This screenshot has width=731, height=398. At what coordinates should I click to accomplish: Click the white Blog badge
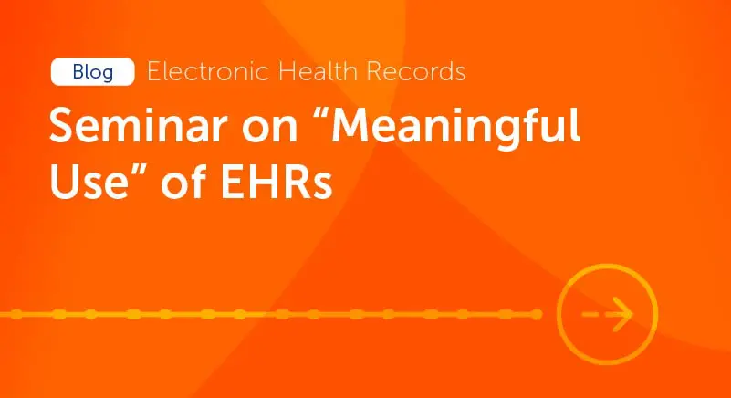[x=93, y=72]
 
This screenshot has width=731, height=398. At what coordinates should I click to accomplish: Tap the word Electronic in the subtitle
[x=208, y=71]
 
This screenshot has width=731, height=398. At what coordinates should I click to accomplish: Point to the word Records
[x=416, y=71]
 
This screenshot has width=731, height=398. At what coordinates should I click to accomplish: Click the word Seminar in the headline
[x=138, y=125]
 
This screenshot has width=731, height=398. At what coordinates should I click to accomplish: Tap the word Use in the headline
[x=89, y=182]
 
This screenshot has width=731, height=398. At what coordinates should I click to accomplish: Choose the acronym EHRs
[x=277, y=182]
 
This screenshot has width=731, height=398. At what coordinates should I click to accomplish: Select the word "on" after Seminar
[x=269, y=131]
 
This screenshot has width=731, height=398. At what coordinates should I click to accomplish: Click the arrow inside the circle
[x=608, y=314]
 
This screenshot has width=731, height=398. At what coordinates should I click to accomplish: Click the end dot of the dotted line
[x=537, y=315]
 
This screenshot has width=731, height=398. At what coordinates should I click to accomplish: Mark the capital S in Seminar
[x=63, y=125]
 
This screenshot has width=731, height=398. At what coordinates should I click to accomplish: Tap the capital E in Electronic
[x=154, y=71]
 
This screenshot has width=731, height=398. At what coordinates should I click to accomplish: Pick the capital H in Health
[x=287, y=71]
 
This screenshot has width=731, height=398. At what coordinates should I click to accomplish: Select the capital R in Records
[x=373, y=71]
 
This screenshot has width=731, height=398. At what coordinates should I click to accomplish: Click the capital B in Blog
[x=78, y=72]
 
